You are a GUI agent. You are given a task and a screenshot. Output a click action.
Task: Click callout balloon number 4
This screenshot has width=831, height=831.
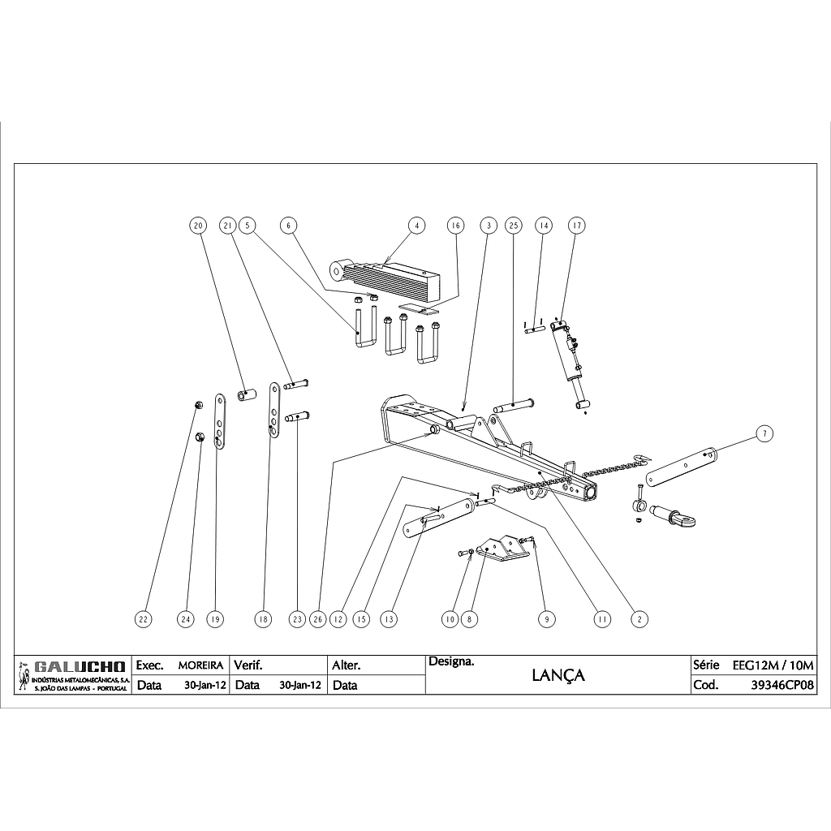pyautogui.click(x=415, y=225)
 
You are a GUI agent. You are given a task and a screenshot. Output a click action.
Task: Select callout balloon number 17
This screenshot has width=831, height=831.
pyautogui.click(x=576, y=225)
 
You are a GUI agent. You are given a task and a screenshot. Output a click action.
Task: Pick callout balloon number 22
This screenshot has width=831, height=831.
pyautogui.click(x=144, y=619)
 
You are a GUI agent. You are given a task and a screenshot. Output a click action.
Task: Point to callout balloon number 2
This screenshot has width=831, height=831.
pyautogui.click(x=640, y=619)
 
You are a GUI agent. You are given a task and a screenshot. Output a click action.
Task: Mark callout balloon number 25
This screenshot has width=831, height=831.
pyautogui.click(x=512, y=225)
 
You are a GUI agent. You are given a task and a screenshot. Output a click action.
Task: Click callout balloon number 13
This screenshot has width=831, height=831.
pyautogui.click(x=390, y=619)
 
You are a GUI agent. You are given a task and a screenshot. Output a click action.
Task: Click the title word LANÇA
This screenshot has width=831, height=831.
pyautogui.click(x=558, y=675)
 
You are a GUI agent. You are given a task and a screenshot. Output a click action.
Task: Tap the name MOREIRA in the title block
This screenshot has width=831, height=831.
pyautogui.click(x=200, y=665)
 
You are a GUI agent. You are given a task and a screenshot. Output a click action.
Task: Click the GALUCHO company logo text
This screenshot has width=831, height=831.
pyautogui.click(x=80, y=667)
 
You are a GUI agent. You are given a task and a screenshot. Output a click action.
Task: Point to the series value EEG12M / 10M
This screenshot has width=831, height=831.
pyautogui.click(x=773, y=665)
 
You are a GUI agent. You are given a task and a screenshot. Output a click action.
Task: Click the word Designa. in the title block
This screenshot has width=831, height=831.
pyautogui.click(x=451, y=662)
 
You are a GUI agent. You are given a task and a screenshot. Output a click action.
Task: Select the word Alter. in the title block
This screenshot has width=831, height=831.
pyautogui.click(x=347, y=665)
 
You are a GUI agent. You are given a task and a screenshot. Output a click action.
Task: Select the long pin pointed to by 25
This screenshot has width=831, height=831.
pyautogui.click(x=514, y=403)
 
